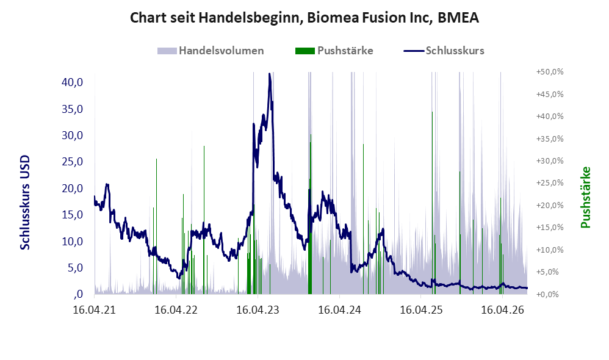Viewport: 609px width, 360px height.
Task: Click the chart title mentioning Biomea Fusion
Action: click(x=304, y=18)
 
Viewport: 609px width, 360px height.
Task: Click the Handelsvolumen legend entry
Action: click(x=211, y=51)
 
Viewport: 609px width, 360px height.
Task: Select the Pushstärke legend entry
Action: click(x=334, y=51)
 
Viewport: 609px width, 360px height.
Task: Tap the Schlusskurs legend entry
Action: click(x=444, y=51)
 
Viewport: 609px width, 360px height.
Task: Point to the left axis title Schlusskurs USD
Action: click(x=24, y=203)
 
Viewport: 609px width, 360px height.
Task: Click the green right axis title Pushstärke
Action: click(x=585, y=197)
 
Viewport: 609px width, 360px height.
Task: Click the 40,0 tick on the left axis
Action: click(x=72, y=82)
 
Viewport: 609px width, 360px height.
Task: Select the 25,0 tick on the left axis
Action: click(x=72, y=162)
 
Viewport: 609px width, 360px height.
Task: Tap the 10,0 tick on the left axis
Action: click(x=72, y=241)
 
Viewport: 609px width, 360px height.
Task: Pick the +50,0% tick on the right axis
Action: click(x=550, y=72)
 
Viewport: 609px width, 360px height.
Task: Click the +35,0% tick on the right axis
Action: click(x=550, y=139)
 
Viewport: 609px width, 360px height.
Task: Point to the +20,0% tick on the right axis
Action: click(x=550, y=206)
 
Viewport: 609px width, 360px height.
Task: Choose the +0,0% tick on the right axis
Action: click(x=550, y=294)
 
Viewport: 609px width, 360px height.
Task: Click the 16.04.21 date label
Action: click(x=95, y=310)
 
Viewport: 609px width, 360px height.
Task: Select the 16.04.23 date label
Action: click(x=258, y=310)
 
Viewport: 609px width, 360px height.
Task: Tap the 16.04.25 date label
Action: click(x=421, y=310)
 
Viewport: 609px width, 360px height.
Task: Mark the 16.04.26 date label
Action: click(x=503, y=310)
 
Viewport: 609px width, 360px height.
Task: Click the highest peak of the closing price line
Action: click(x=270, y=73)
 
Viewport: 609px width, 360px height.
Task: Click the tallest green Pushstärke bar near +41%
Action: click(x=432, y=203)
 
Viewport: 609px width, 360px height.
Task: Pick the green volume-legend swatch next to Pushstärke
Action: click(x=305, y=51)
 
